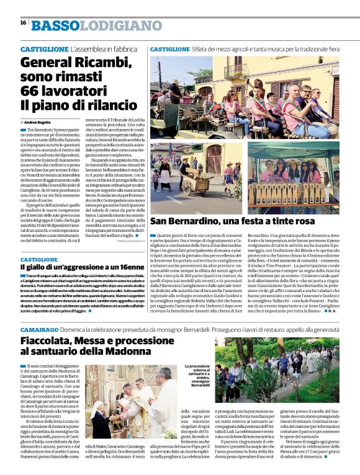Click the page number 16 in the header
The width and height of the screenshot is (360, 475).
coord(23,23)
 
